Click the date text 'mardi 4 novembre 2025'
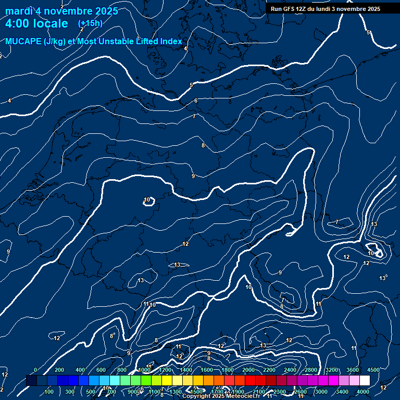(61, 11)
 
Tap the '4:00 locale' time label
(36, 23)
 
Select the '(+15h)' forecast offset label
(90, 23)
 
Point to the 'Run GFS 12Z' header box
(326, 9)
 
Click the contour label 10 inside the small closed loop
(147, 199)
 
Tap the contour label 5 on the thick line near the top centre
(191, 85)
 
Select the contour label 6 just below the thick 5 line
(196, 101)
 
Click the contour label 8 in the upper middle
(203, 145)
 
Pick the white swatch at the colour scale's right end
(365, 381)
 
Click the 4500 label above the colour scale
(373, 370)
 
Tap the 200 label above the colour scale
(59, 370)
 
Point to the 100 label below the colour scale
(49, 392)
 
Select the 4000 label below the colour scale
(363, 392)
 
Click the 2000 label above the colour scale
(248, 370)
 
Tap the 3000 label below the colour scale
(321, 392)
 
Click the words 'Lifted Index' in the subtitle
(157, 41)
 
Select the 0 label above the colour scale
(35, 370)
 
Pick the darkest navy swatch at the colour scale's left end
(31, 381)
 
